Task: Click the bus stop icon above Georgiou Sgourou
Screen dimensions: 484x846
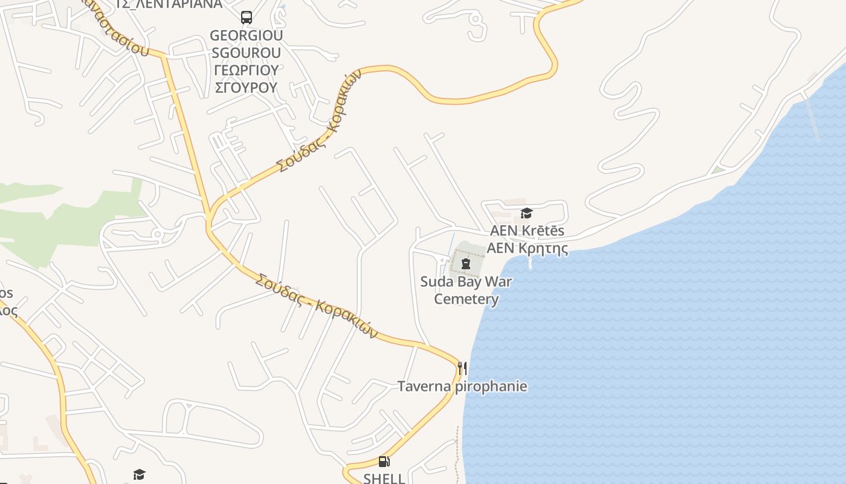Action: click(x=247, y=18)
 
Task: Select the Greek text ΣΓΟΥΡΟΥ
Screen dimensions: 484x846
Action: click(x=246, y=88)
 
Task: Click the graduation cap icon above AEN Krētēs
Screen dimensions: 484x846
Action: click(x=526, y=213)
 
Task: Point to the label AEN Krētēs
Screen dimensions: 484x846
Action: click(x=527, y=231)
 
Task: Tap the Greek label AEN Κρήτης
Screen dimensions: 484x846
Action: click(x=527, y=248)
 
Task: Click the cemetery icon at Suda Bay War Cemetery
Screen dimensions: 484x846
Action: click(x=466, y=264)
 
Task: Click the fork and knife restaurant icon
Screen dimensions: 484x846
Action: click(x=462, y=368)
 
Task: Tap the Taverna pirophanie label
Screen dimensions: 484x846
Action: click(x=462, y=386)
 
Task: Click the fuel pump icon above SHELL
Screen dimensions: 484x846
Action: click(x=384, y=462)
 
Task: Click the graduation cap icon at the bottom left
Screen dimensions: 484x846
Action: click(x=140, y=474)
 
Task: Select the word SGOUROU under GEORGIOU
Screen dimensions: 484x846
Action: click(x=246, y=53)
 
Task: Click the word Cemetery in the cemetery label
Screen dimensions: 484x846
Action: click(x=467, y=299)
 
